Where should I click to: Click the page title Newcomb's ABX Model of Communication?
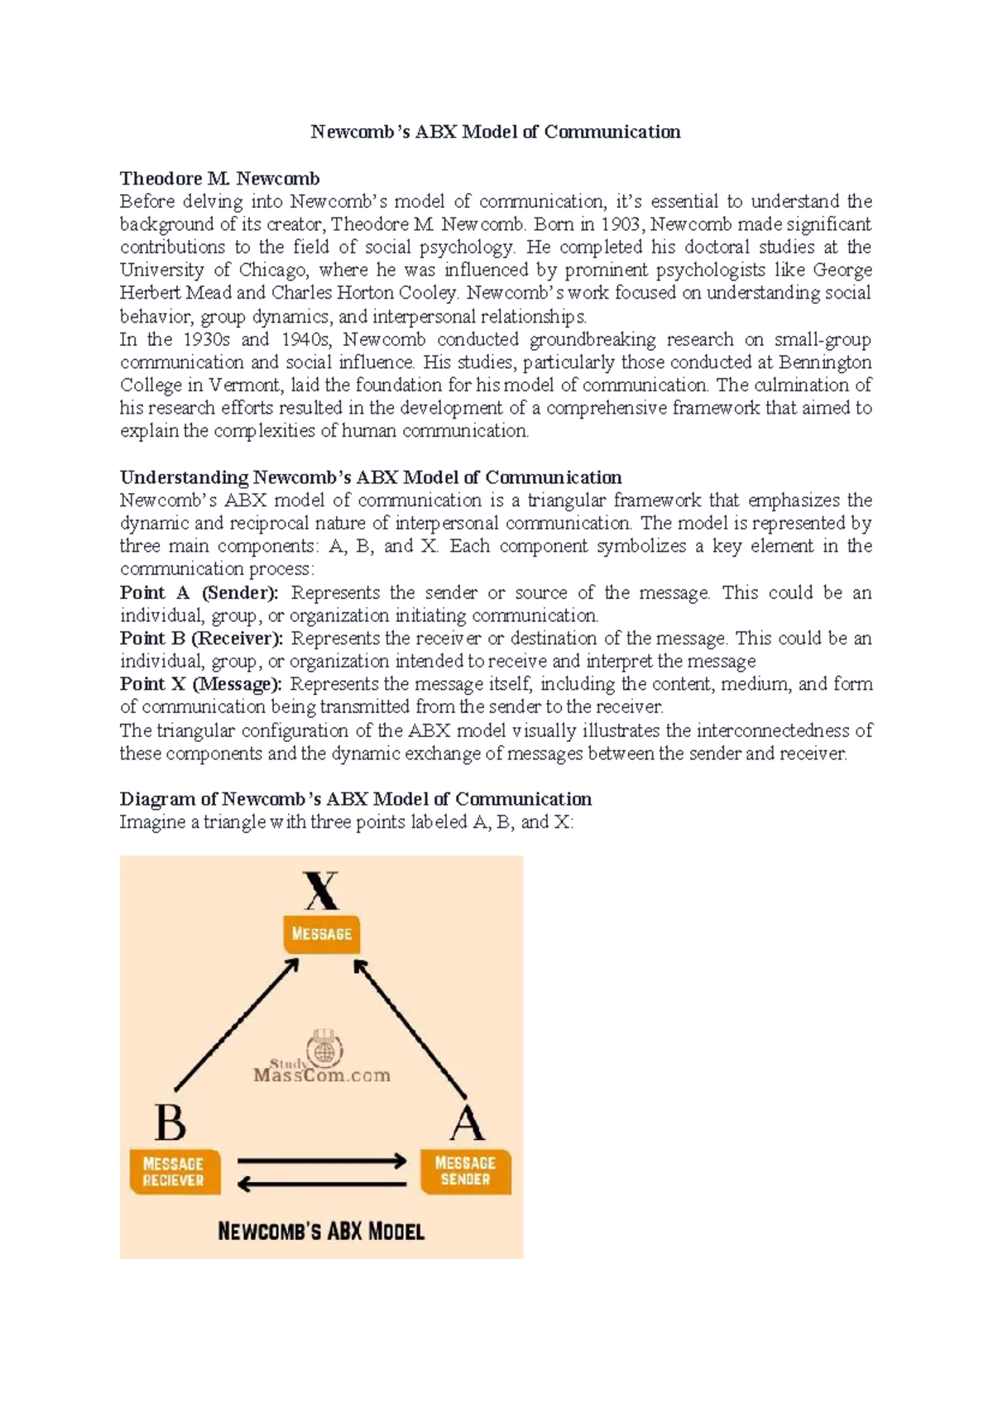click(495, 132)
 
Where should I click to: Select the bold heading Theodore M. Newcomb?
click(219, 179)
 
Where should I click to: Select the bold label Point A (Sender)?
click(199, 593)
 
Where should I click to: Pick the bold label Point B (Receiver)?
click(201, 639)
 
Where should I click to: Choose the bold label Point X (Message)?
click(200, 684)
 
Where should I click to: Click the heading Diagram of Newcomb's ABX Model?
click(355, 799)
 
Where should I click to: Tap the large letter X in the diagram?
click(321, 892)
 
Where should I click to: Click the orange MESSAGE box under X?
click(321, 934)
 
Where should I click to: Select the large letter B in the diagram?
click(170, 1123)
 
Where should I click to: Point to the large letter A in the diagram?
click(467, 1123)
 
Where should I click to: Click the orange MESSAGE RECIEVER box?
click(174, 1171)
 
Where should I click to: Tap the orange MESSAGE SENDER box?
click(465, 1171)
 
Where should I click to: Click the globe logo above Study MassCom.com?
click(324, 1048)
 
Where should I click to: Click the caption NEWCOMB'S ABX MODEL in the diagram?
click(321, 1231)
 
